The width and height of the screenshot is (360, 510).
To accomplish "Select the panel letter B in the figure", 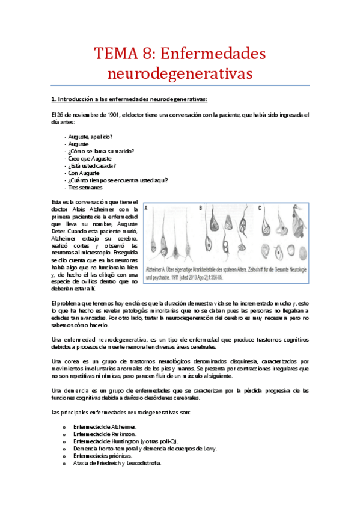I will pos(200,207).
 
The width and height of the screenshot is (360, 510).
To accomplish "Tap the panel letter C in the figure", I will pos(259,207).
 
